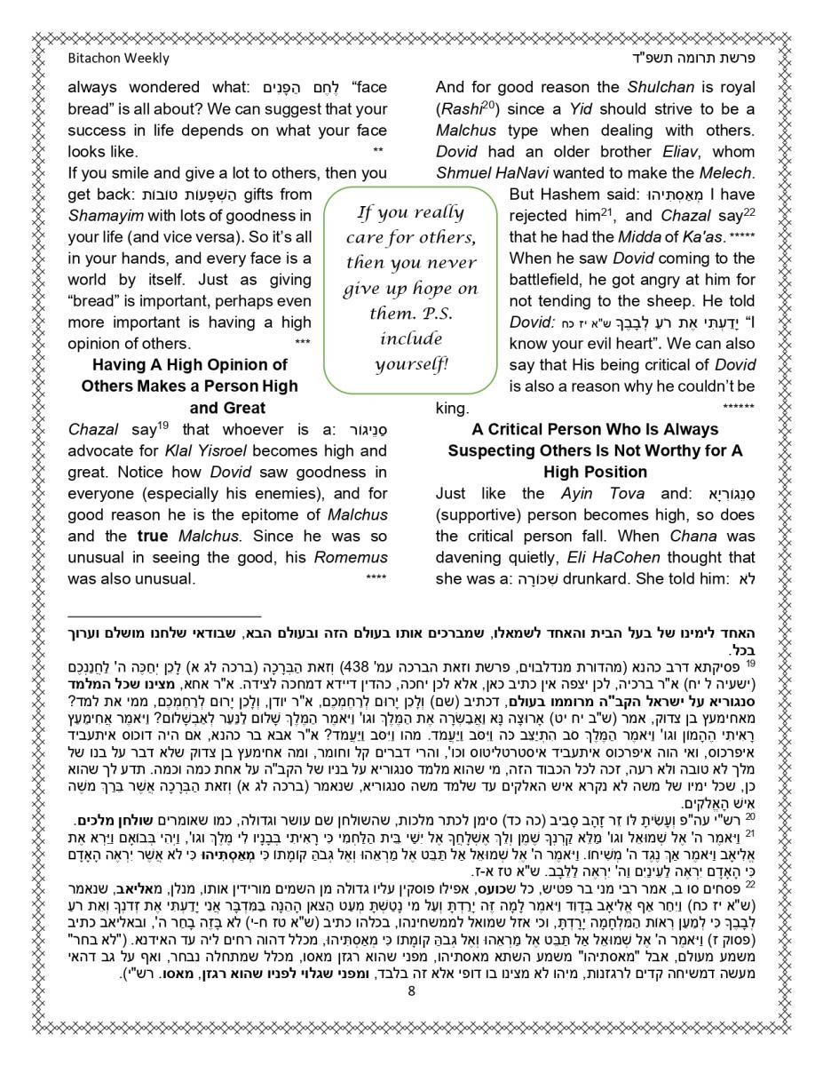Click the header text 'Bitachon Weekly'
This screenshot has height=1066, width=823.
click(x=118, y=59)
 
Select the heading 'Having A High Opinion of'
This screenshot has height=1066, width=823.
click(x=189, y=365)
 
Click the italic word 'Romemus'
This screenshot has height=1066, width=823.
click(x=353, y=557)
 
